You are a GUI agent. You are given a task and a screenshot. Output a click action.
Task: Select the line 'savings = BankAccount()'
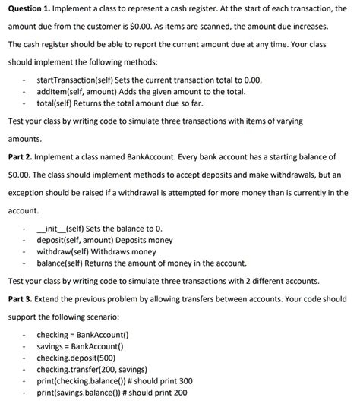(x=81, y=346)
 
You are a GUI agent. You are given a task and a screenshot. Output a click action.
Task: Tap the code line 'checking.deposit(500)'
(x=77, y=358)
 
